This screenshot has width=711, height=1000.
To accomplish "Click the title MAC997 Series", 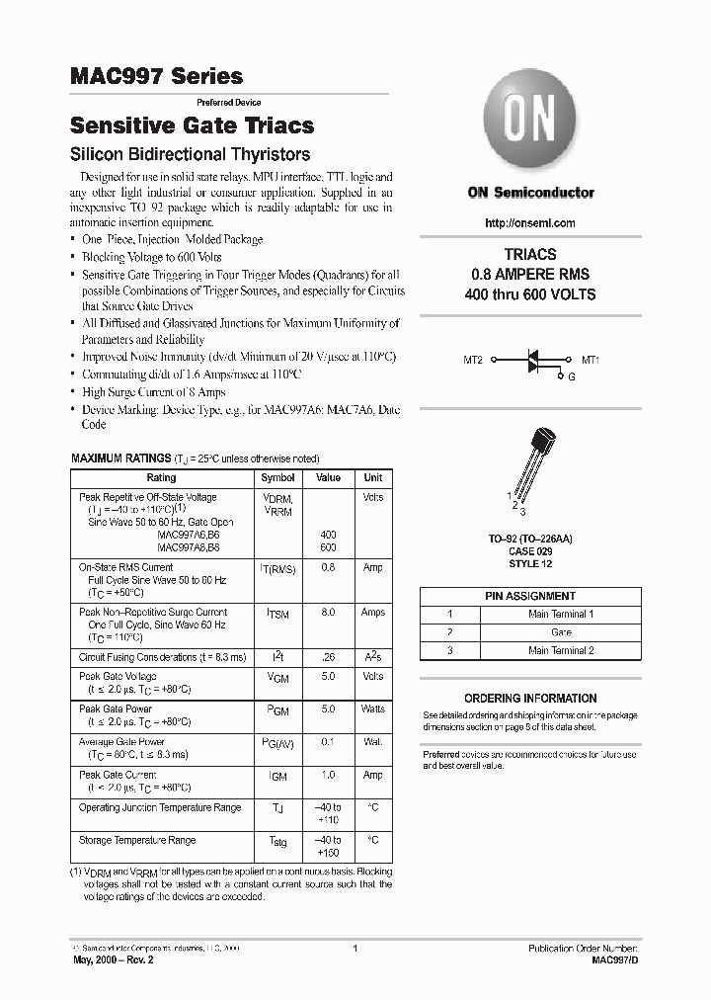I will coord(156,75).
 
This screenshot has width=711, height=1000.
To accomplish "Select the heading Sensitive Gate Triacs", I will coord(193,125).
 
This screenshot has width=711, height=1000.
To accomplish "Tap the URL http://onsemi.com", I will coord(530,223).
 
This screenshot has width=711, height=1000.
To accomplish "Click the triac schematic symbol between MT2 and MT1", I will coord(533,361).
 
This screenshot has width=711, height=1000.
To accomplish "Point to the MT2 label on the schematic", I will coord(473,361).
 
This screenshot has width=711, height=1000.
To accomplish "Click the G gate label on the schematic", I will coord(571,376).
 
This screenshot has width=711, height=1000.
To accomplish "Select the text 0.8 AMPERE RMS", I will coord(530,274).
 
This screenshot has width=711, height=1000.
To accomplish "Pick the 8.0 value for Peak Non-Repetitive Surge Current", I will coord(328,613).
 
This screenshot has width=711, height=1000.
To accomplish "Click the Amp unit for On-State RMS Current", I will coord(372,567).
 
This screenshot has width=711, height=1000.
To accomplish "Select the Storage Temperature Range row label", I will coord(137,840).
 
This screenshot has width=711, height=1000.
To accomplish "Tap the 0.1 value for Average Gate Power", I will coord(328,741).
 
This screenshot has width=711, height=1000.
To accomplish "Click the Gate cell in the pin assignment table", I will coord(561,631).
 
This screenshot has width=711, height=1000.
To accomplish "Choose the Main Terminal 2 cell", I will coord(561,650).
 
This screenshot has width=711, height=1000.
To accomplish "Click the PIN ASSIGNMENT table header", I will coord(530,596).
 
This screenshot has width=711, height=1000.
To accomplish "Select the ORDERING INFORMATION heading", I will coord(530,698).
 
